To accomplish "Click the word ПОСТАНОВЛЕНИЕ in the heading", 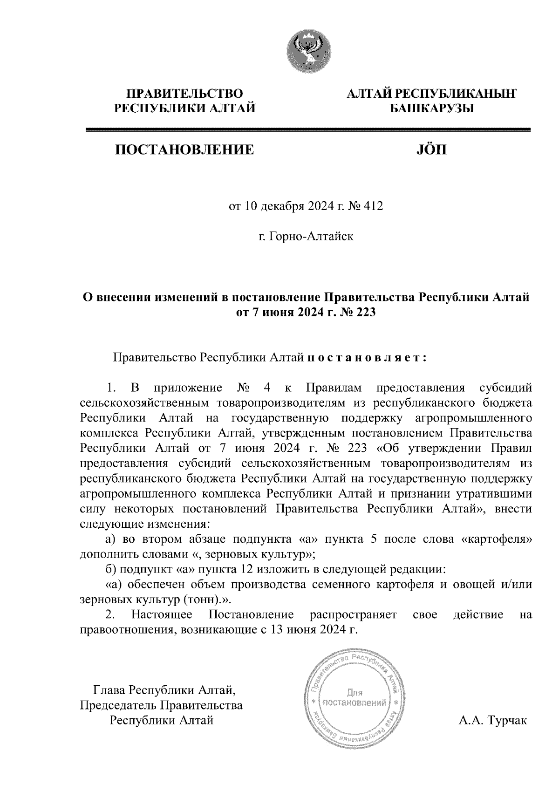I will click(x=184, y=150).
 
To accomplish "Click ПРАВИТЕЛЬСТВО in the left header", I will click(x=185, y=94).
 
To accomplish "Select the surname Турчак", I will click(x=507, y=721).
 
